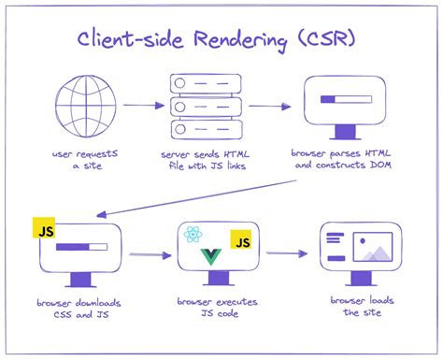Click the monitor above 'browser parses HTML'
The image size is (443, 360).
[345, 106]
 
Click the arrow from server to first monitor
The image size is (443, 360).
[269, 106]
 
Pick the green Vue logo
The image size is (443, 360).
[212, 255]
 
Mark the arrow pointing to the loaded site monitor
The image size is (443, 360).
[287, 252]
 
